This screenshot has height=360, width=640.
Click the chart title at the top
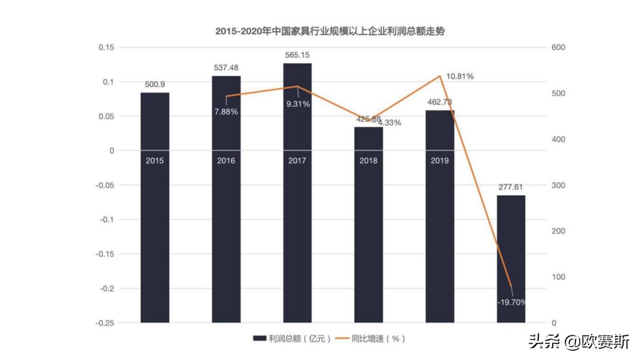[330, 31]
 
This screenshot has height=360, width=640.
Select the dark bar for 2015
[155, 207]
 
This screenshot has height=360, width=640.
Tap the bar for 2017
[297, 207]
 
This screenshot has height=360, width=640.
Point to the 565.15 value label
[297, 55]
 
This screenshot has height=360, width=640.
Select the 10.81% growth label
[460, 76]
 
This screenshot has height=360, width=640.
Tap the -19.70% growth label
[511, 302]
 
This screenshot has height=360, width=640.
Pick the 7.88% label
[226, 112]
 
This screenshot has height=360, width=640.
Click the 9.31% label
[298, 104]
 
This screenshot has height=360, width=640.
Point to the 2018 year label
[369, 161]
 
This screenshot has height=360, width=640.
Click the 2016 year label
[226, 161]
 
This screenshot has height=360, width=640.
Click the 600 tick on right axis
[559, 48]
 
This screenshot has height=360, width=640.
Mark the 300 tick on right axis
[559, 185]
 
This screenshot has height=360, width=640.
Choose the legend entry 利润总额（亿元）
[292, 339]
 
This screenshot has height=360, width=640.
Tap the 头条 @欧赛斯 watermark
[579, 342]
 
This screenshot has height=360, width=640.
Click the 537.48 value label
[226, 68]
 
